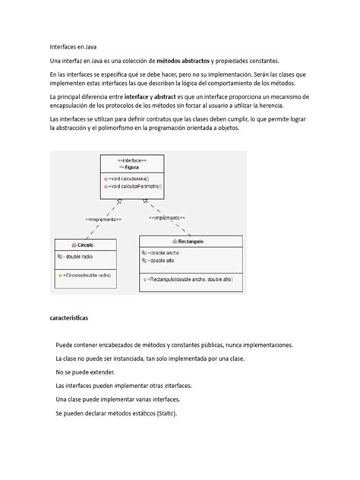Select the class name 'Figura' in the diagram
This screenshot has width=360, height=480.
point(132,168)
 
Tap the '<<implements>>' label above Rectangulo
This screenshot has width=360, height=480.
point(172,217)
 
